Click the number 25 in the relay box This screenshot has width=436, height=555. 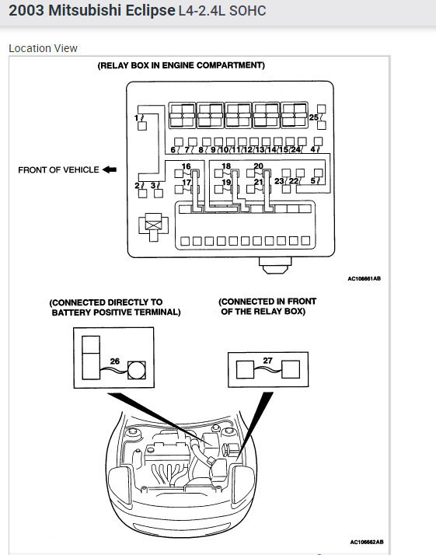(x=313, y=117)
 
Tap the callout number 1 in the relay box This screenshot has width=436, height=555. (x=137, y=117)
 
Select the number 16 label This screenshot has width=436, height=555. (x=187, y=166)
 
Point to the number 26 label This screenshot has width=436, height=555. (x=115, y=361)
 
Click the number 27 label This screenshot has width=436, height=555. (x=267, y=361)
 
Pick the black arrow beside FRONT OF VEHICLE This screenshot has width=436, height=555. (x=110, y=169)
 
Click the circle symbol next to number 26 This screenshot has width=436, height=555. (x=137, y=370)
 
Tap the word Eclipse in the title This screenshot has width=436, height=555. (x=151, y=11)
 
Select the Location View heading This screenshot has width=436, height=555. (x=43, y=48)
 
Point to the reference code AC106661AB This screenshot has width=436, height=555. (x=364, y=278)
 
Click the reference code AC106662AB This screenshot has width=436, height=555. (x=367, y=542)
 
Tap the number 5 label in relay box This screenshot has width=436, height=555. (x=313, y=181)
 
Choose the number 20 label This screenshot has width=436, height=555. (x=258, y=166)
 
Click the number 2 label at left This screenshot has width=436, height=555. (x=137, y=185)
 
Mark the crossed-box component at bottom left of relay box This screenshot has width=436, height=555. (x=154, y=225)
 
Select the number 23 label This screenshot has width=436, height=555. (x=279, y=181)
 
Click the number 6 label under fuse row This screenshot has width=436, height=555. (x=173, y=150)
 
